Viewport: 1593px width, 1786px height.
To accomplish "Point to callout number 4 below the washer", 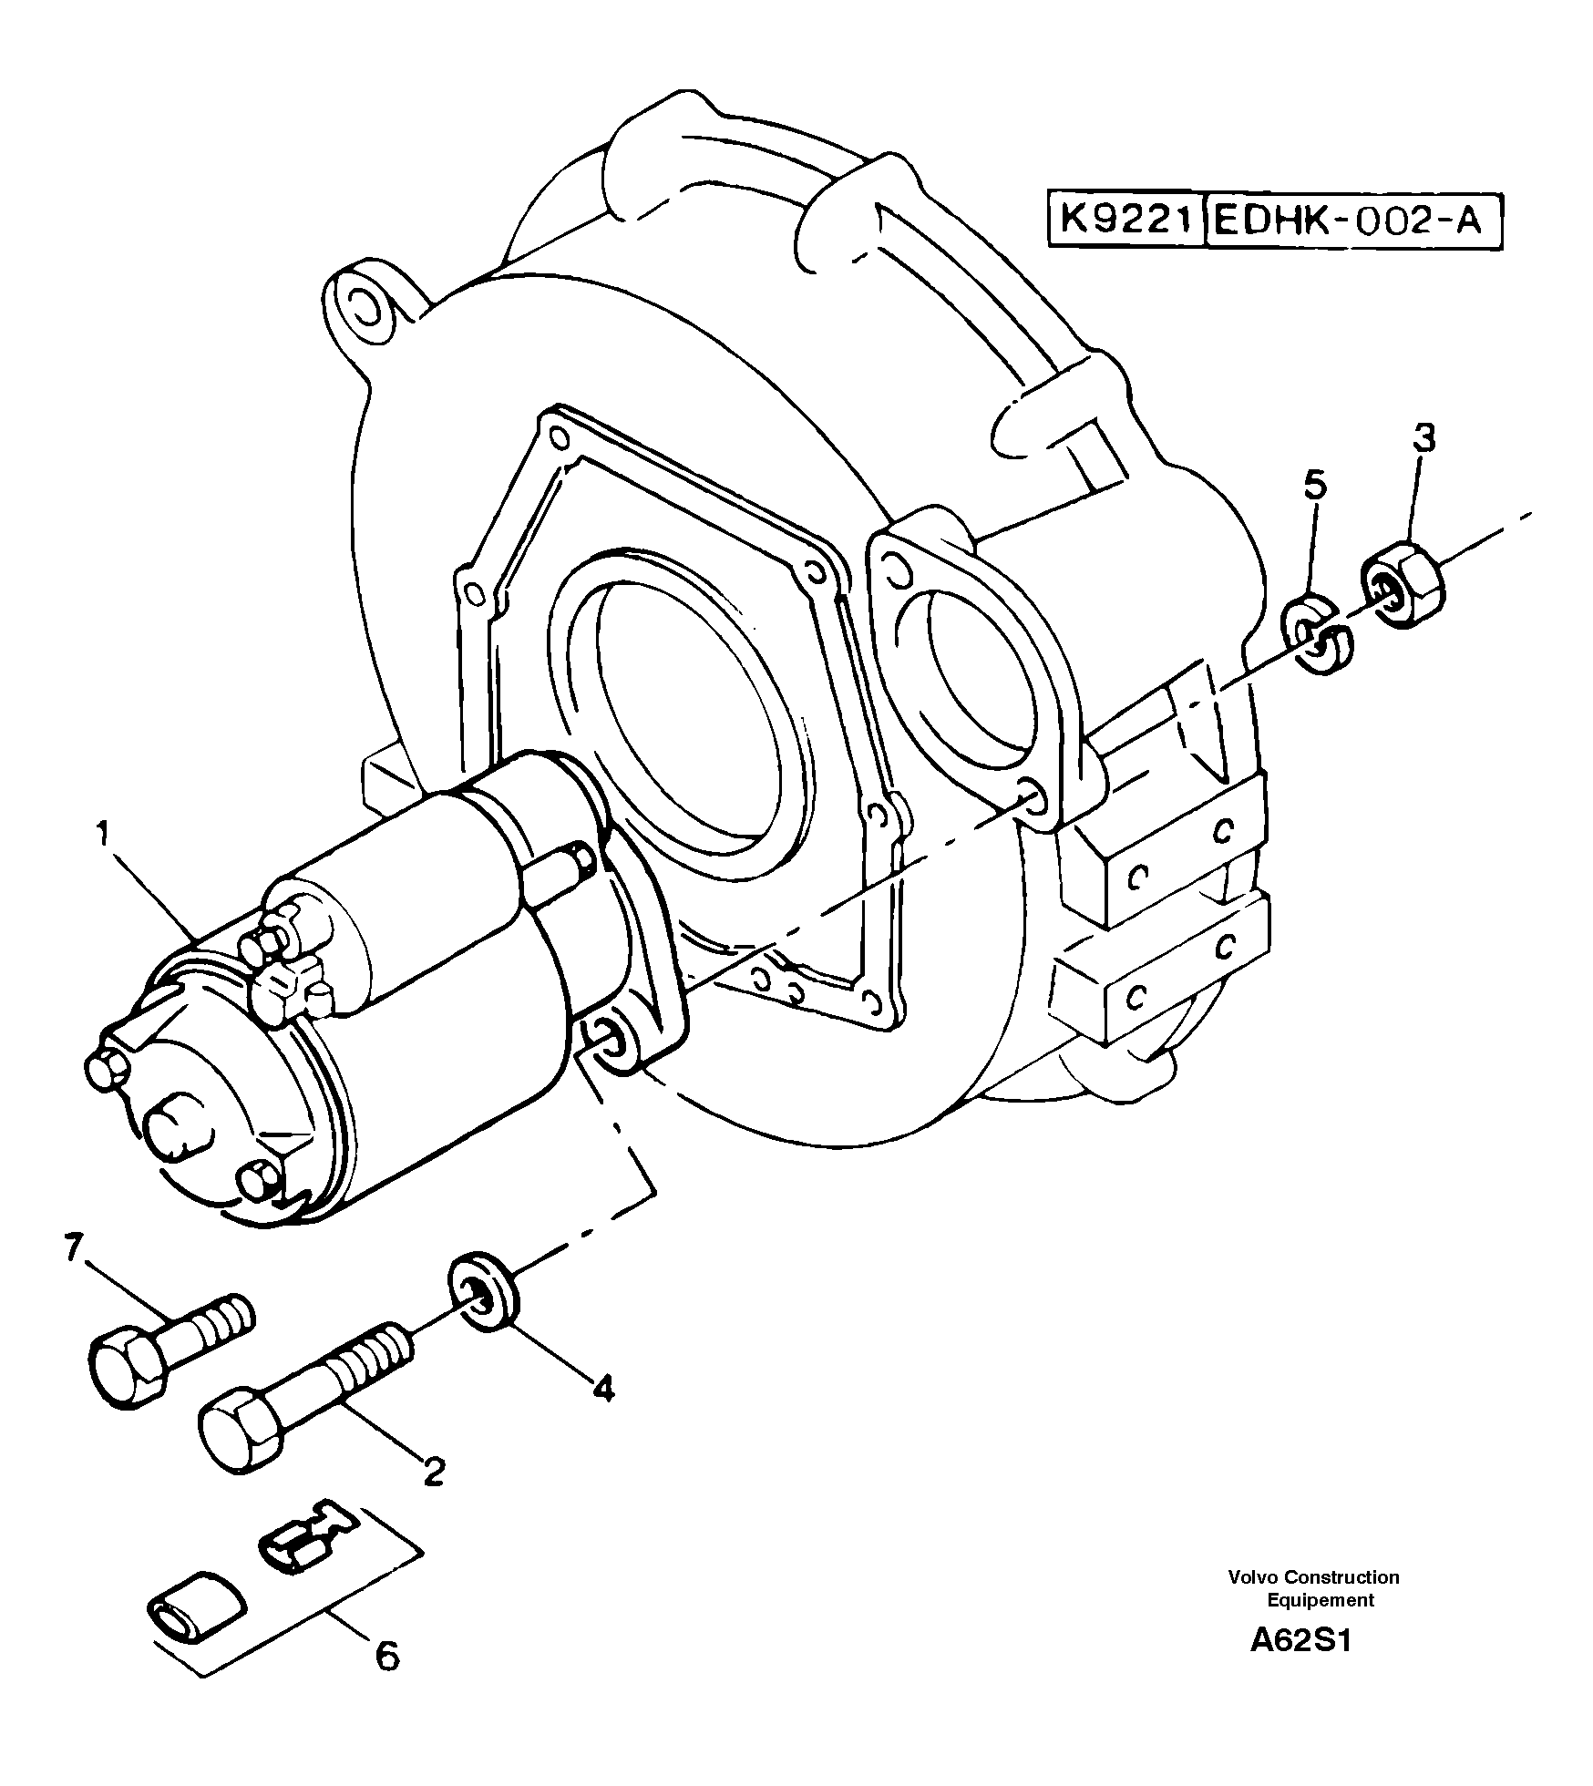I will point(602,1389).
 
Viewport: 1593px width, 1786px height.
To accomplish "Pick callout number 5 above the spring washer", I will point(1315,486).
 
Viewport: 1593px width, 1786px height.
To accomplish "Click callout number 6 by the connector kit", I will point(387,1656).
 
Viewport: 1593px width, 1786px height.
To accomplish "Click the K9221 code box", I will point(1125,221).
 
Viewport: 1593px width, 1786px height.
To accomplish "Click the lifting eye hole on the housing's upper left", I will point(365,307).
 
